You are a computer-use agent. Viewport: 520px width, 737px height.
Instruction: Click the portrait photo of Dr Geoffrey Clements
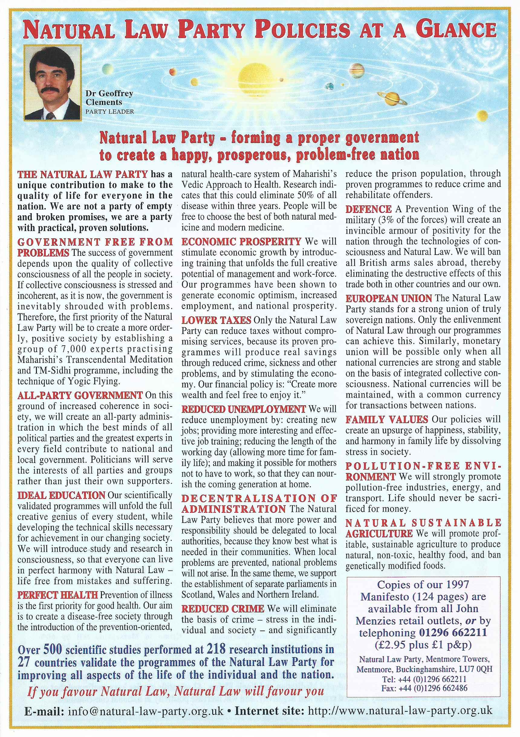53,82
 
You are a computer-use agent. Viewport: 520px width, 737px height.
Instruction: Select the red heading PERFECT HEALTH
57,594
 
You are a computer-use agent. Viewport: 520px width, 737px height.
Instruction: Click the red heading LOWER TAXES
216,320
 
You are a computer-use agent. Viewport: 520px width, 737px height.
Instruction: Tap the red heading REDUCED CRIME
223,609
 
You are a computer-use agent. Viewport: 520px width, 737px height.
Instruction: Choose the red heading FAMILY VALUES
387,419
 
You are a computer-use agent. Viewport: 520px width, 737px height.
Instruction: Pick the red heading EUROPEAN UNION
388,299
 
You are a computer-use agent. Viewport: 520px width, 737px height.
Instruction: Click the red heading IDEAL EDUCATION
61,495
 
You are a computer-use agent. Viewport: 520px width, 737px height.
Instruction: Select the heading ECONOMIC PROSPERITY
241,241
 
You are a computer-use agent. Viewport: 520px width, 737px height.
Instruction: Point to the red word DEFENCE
365,209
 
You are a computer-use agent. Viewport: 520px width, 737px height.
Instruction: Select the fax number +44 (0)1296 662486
430,688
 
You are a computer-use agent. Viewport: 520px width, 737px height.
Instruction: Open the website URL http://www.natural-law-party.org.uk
400,711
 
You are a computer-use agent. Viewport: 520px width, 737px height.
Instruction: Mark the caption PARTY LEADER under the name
109,111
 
